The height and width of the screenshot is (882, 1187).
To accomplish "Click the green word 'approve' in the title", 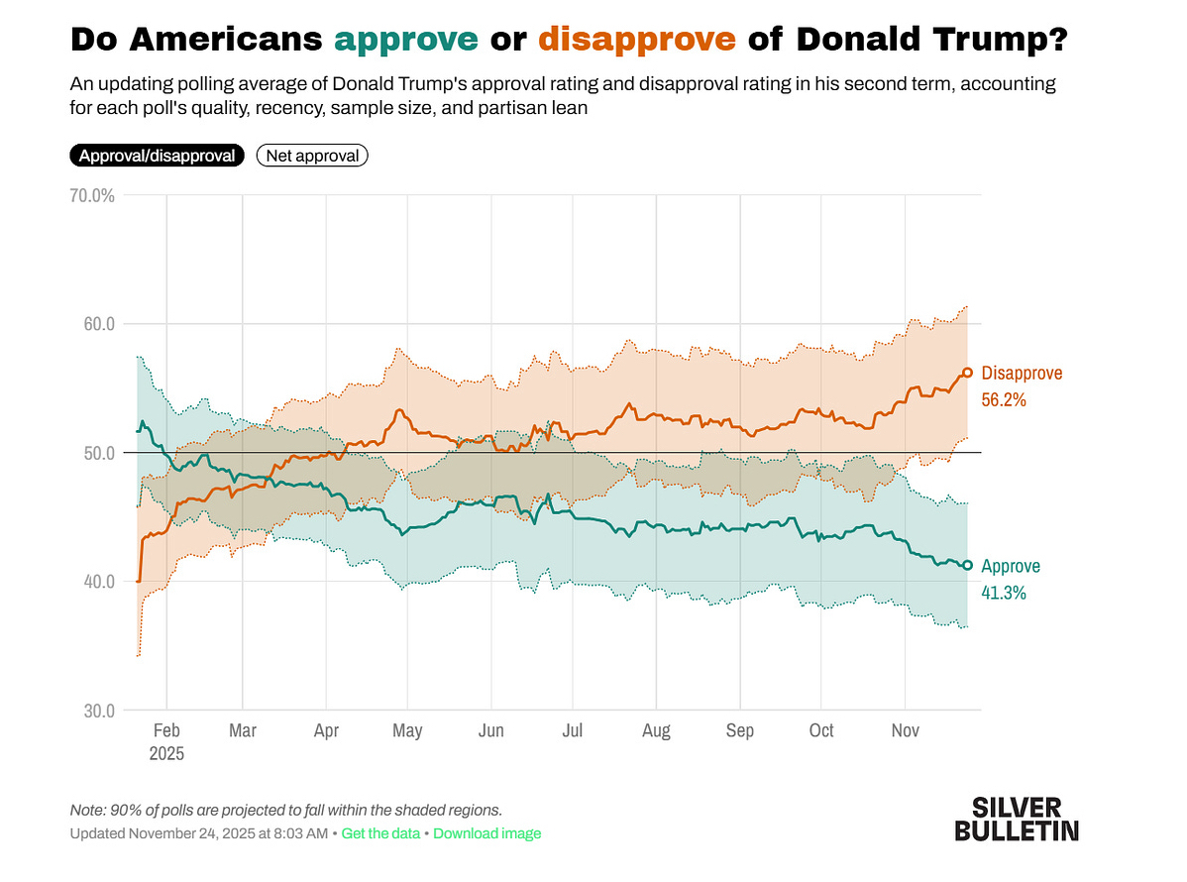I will (x=406, y=40).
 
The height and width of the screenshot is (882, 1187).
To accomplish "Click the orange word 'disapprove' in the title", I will (x=637, y=40).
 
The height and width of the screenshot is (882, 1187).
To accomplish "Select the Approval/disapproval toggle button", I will (x=157, y=156).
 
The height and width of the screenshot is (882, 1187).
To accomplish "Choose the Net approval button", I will (x=312, y=156).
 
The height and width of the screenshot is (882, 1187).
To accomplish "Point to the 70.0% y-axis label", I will (x=92, y=196).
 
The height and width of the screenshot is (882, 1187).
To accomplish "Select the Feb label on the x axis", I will (x=166, y=731).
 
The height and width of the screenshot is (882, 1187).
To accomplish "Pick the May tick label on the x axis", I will (x=407, y=731).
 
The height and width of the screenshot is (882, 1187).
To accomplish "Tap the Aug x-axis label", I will (x=656, y=731).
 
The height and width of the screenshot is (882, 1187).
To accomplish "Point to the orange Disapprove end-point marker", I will (x=968, y=373).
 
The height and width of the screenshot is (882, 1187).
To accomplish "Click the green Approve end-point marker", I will (x=968, y=565).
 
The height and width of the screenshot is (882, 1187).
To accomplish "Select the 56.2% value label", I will (x=1003, y=400).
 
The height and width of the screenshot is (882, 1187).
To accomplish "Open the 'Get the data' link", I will (x=380, y=833).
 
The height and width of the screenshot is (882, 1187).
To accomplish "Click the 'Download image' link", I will (x=487, y=833).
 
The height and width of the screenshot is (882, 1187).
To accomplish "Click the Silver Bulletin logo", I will (x=1017, y=819).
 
